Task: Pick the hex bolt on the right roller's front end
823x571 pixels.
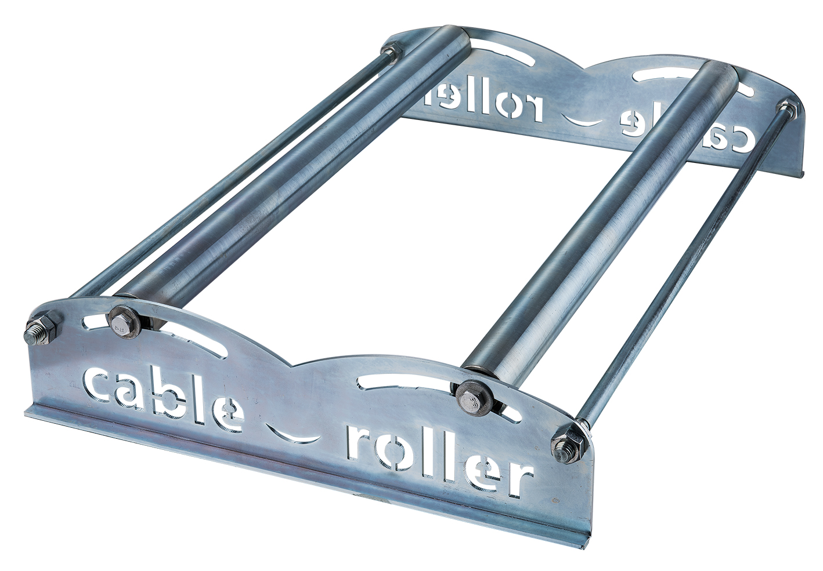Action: [472, 397]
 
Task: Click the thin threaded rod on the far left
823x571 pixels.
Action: [221, 174]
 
